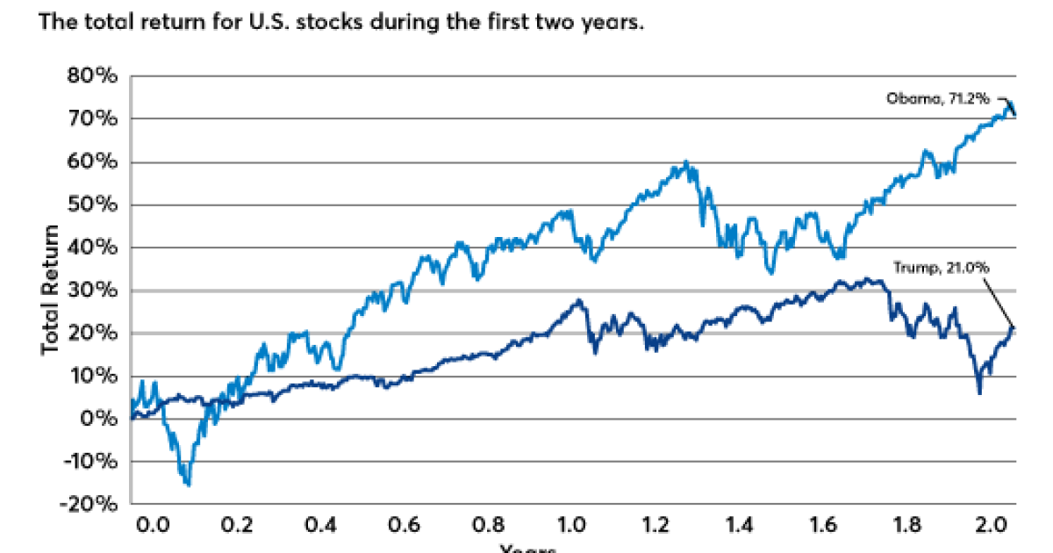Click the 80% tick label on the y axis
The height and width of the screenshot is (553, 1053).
pos(92,76)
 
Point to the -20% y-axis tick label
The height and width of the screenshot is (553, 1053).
pos(89,505)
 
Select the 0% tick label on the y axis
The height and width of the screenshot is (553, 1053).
pos(98,419)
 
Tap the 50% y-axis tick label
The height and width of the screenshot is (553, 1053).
pos(92,205)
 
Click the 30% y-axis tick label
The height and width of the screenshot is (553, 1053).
pos(92,291)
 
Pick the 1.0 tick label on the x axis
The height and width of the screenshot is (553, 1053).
pos(574,527)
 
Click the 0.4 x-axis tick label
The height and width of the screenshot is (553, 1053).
pos(321,527)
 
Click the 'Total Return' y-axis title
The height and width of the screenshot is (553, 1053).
pos(51,290)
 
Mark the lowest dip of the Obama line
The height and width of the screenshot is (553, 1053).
pos(187,484)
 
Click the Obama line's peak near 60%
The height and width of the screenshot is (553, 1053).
pos(686,163)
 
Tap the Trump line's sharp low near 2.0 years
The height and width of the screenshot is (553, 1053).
pos(979,392)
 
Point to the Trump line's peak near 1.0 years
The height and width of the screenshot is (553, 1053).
pos(578,301)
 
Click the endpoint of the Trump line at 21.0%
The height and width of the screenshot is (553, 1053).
pos(1014,328)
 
